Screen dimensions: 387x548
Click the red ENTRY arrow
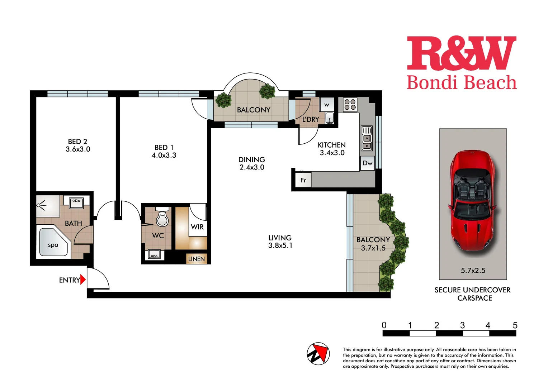pyautogui.click(x=83, y=279)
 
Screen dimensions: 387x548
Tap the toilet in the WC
pyautogui.click(x=162, y=218)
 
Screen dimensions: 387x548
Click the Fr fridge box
pyautogui.click(x=303, y=180)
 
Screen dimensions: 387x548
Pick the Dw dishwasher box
pyautogui.click(x=367, y=163)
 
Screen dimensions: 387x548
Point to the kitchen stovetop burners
pyautogui.click(x=350, y=104)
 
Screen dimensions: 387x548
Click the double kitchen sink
pyautogui.click(x=366, y=138)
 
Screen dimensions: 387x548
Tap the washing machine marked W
pyautogui.click(x=327, y=105)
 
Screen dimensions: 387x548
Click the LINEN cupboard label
pyautogui.click(x=197, y=259)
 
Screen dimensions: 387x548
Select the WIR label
pyautogui.click(x=197, y=227)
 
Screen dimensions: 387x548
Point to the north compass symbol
pyautogui.click(x=318, y=354)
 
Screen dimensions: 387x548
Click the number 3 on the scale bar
pyautogui.click(x=462, y=325)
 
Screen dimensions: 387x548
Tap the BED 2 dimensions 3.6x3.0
pyautogui.click(x=78, y=149)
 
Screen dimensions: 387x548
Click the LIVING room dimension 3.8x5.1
pyautogui.click(x=280, y=245)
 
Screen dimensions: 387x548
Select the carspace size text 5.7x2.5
pyautogui.click(x=473, y=271)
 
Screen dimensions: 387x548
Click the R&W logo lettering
pyautogui.click(x=461, y=54)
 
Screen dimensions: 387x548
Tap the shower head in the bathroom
pyautogui.click(x=41, y=205)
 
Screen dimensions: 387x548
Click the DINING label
pyautogui.click(x=251, y=159)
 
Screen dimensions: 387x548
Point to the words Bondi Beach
pyautogui.click(x=461, y=83)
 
